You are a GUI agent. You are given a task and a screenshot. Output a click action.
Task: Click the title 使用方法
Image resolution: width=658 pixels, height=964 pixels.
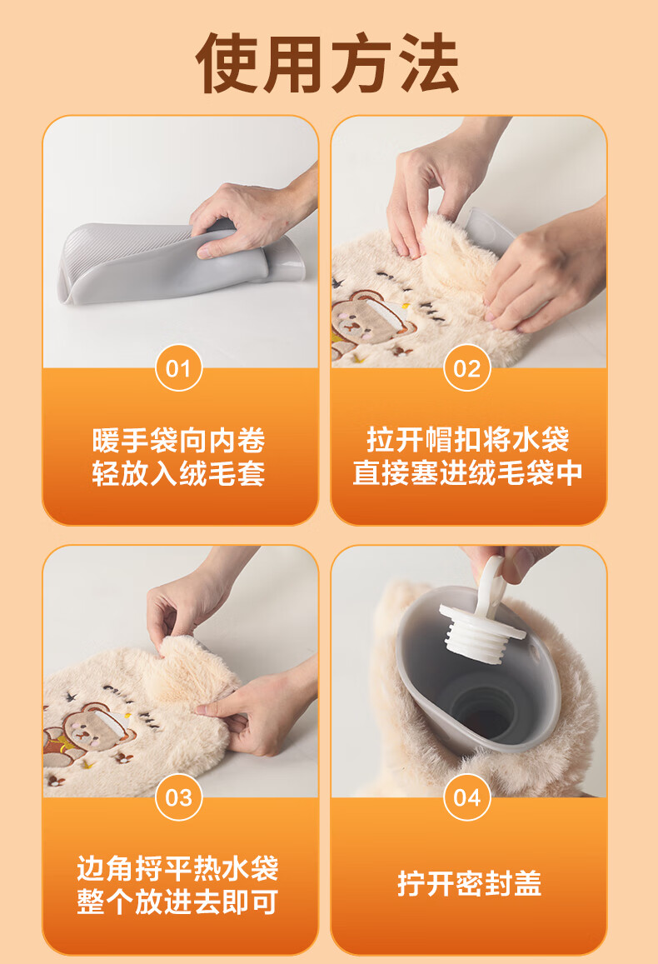(327, 62)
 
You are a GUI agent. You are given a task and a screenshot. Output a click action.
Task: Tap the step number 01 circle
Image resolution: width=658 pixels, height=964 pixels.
(178, 368)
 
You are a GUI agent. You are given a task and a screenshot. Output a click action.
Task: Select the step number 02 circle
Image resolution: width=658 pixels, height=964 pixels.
(467, 368)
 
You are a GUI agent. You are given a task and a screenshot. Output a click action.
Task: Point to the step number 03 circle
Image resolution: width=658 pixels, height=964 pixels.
(178, 797)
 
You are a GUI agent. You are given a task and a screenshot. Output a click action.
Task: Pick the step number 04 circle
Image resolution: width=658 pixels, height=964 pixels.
(467, 797)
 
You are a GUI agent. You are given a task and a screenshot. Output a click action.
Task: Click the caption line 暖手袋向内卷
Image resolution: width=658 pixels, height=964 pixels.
(178, 440)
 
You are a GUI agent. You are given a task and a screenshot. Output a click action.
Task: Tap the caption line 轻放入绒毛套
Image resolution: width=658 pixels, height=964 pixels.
(178, 473)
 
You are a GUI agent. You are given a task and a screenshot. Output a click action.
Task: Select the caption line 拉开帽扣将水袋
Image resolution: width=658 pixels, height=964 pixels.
(467, 440)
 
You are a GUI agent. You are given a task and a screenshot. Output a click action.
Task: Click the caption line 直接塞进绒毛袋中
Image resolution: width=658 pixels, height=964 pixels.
(467, 473)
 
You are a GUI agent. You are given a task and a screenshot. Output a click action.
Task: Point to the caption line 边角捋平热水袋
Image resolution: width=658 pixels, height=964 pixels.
(177, 869)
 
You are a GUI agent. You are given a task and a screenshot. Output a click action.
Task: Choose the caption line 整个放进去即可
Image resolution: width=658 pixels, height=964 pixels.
(177, 902)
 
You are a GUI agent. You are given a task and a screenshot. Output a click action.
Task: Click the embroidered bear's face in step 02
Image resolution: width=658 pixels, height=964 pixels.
(361, 317)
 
